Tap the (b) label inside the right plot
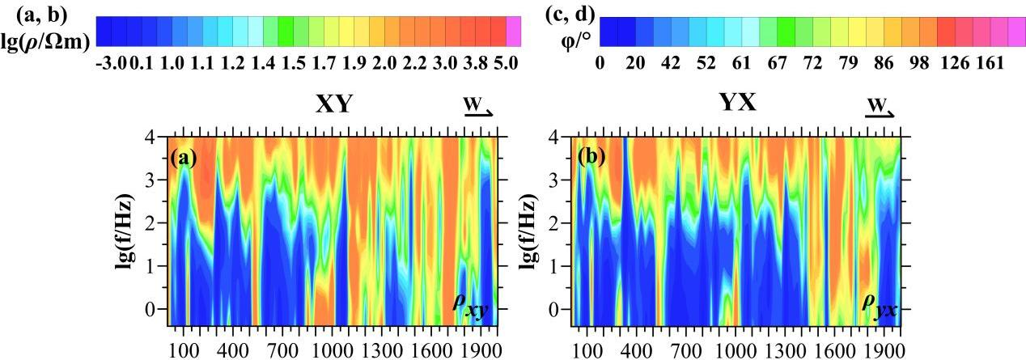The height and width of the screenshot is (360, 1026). (587, 157)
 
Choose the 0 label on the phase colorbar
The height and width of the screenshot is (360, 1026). (600, 61)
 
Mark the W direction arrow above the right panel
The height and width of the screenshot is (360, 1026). (880, 109)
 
